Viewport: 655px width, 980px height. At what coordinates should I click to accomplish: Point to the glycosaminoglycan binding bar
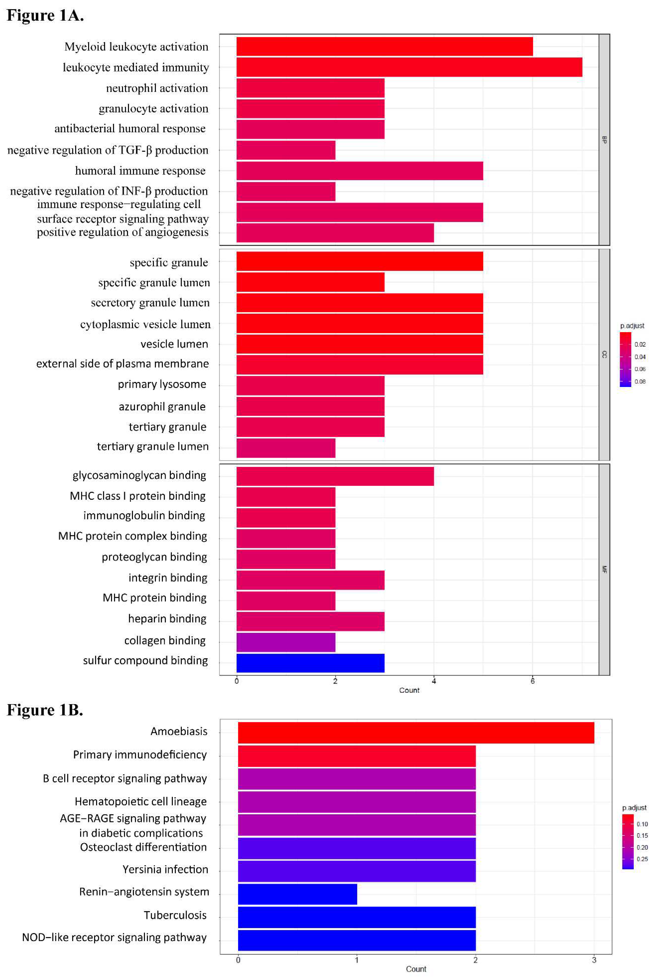point(335,476)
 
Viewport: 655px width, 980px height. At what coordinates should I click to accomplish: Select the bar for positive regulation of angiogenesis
point(335,233)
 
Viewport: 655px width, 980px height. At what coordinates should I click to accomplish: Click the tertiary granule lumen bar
point(286,448)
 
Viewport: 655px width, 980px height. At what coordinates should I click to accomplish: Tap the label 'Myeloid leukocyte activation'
point(136,47)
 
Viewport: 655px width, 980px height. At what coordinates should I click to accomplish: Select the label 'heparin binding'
point(167,619)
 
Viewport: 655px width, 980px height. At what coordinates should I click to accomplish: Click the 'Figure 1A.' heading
point(45,15)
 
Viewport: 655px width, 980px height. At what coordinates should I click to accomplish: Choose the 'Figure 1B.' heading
point(45,710)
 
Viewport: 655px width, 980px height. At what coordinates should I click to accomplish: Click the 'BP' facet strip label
point(604,140)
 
